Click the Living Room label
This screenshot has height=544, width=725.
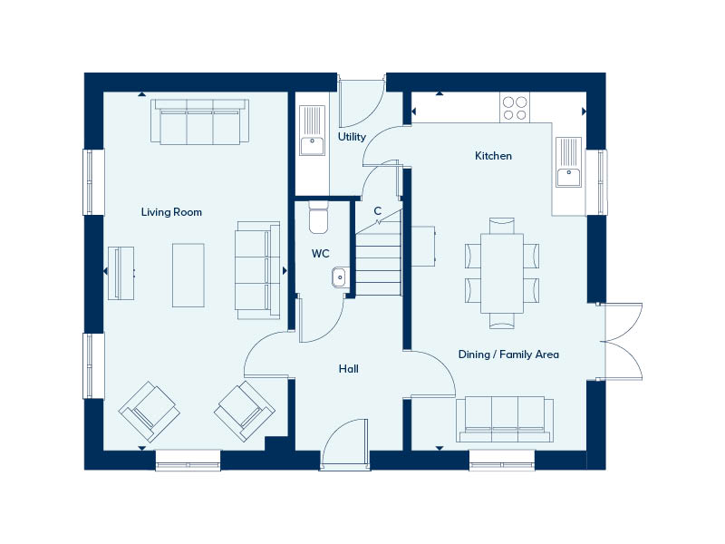(171, 212)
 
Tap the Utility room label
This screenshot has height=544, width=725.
(352, 137)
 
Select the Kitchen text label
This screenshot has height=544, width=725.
(493, 156)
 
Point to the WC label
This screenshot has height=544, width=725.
(321, 254)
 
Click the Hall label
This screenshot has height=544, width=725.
(349, 369)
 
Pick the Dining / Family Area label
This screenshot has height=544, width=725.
(508, 355)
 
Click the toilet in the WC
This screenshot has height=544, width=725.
(318, 218)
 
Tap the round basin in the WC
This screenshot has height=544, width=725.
(340, 277)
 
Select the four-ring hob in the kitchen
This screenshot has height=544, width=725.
(515, 108)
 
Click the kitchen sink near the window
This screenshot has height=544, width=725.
(568, 162)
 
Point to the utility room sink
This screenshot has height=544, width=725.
(312, 131)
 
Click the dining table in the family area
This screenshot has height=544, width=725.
(502, 274)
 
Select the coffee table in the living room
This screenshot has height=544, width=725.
(188, 276)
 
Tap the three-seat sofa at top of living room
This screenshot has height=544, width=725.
(199, 121)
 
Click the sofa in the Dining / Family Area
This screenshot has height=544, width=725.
(505, 419)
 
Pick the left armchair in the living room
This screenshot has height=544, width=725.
(149, 412)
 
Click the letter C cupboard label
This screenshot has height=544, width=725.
(377, 211)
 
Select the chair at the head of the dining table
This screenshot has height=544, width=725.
(502, 226)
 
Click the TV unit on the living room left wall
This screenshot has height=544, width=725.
(121, 273)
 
